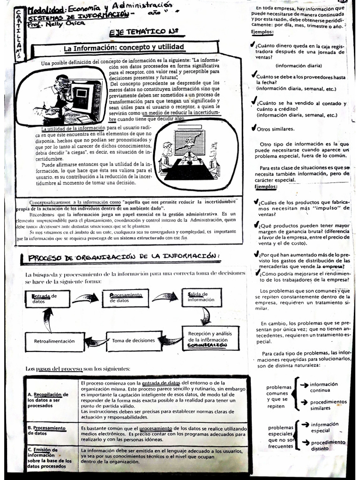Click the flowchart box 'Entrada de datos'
click(x=47, y=299)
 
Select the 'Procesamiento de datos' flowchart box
click(x=125, y=298)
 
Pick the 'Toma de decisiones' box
click(x=134, y=341)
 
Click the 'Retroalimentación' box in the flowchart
click(x=55, y=341)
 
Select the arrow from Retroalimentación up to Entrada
click(x=48, y=320)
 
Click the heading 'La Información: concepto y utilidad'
click(x=124, y=48)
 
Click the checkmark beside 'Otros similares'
click(x=254, y=128)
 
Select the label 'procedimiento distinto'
click(x=328, y=445)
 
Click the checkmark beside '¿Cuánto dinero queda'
click(x=254, y=45)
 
